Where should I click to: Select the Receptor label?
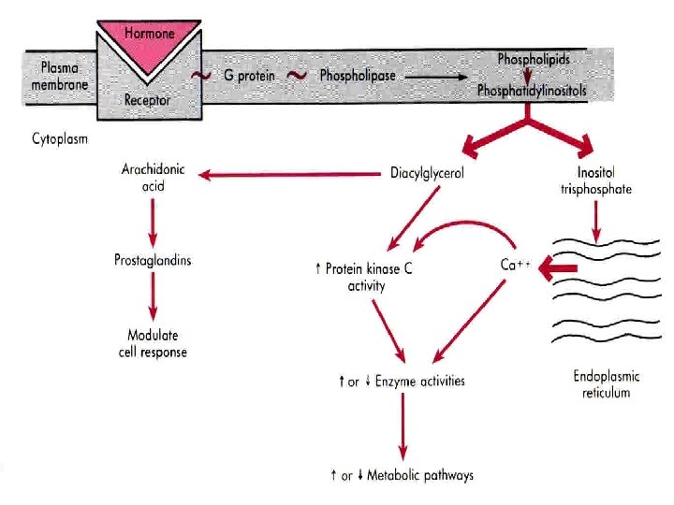pyautogui.click(x=147, y=99)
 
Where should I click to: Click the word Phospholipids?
pyautogui.click(x=533, y=58)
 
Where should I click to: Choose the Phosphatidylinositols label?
pyautogui.click(x=533, y=91)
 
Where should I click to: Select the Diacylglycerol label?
pyautogui.click(x=428, y=173)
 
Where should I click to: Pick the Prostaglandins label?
pyautogui.click(x=153, y=259)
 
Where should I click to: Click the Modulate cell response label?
pyautogui.click(x=153, y=343)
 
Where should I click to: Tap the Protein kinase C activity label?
pyautogui.click(x=365, y=277)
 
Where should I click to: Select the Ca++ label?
pyautogui.click(x=516, y=265)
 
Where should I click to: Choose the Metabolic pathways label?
pyautogui.click(x=403, y=475)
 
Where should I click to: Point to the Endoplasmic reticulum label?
pyautogui.click(x=607, y=384)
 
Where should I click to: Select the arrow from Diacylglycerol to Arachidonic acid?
pyautogui.click(x=290, y=174)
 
